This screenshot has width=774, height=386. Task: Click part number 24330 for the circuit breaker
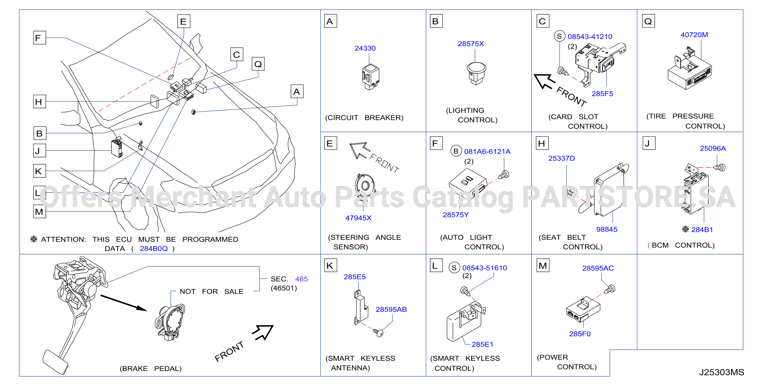pos(365,48)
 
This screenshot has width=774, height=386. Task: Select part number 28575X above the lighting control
pos(471,44)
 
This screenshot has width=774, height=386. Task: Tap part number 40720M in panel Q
pos(694,35)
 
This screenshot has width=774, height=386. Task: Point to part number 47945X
pos(358,218)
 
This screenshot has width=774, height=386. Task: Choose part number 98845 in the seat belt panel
pos(607,229)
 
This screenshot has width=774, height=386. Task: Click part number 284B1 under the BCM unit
pos(702,229)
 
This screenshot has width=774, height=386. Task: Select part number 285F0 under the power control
pos(580,334)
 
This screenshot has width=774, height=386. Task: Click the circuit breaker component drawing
pos(370,76)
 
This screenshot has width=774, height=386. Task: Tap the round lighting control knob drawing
pos(476,73)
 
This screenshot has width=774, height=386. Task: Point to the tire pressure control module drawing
pos(690,69)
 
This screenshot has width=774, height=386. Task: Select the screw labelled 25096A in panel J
pos(720,167)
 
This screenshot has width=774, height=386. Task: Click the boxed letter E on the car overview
pos(184,21)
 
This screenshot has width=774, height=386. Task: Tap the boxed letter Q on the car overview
pos(258,64)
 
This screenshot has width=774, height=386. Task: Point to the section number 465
pos(301,279)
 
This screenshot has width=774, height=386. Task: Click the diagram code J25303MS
pos(721,372)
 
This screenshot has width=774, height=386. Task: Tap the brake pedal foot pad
pos(55,362)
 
